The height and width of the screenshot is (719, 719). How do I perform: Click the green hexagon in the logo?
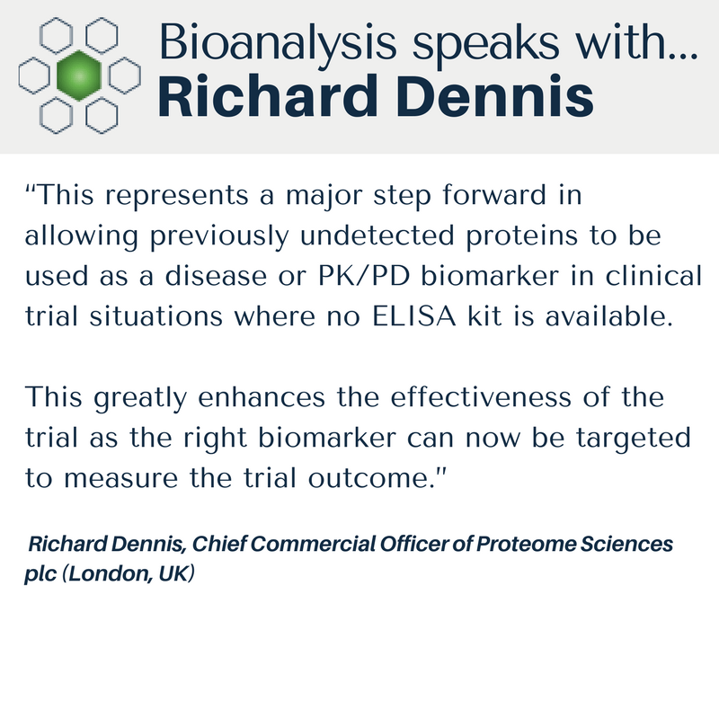pos(79,75)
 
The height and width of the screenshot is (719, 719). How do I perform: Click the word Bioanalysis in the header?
pos(278,43)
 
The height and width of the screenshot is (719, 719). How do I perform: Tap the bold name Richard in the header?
pos(265,96)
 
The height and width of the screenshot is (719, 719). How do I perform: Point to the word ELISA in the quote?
pos(414,316)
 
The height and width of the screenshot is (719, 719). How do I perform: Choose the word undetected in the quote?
pos(377,235)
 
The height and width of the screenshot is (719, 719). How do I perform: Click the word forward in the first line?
pos(495,194)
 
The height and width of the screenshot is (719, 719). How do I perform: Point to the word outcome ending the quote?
pos(368,478)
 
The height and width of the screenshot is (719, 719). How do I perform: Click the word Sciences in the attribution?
pos(626,544)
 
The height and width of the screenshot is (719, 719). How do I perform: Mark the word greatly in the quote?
pos(140,399)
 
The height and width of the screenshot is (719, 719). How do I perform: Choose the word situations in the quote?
pos(155,316)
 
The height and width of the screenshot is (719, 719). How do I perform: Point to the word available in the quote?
pos(609,316)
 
